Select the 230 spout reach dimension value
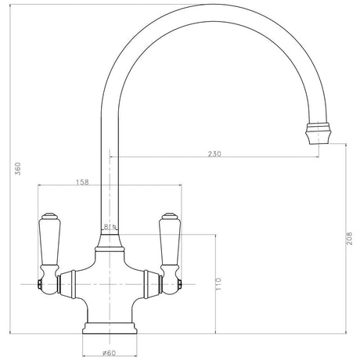click(214, 154)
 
